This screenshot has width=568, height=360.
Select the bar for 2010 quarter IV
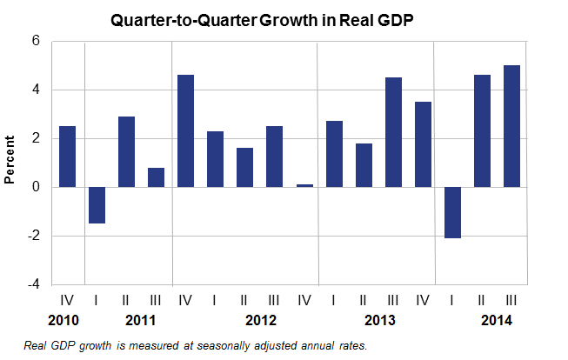[67, 157]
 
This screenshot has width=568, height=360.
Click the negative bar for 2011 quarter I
[97, 205]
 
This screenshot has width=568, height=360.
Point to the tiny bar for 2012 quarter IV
[304, 185]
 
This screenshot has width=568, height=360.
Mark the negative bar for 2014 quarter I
[452, 212]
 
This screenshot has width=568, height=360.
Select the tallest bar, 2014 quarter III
[511, 126]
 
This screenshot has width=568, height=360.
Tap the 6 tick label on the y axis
[36, 41]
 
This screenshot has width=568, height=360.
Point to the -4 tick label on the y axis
[33, 284]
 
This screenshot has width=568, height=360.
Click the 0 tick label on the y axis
[36, 187]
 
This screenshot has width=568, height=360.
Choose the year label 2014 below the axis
[496, 319]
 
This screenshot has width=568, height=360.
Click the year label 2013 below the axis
[378, 319]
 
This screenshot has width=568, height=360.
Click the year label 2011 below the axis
[141, 319]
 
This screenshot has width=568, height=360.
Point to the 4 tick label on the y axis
[36, 90]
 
